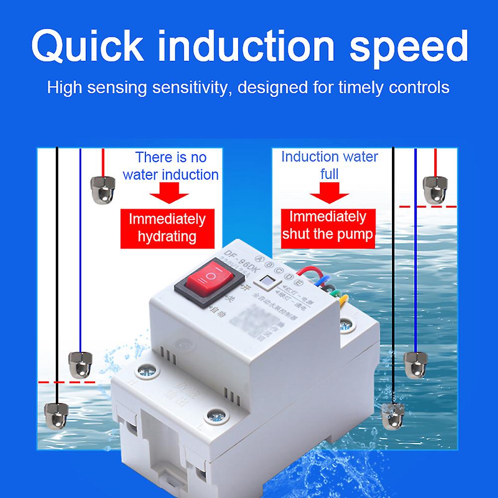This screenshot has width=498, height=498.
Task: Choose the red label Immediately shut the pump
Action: click(x=328, y=225)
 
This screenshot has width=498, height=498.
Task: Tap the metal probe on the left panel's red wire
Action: click(x=102, y=187)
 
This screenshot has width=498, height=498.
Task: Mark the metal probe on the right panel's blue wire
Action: click(x=414, y=363)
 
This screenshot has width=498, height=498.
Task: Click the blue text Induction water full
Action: click(x=330, y=165)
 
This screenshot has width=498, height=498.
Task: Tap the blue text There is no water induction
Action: click(x=170, y=166)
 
